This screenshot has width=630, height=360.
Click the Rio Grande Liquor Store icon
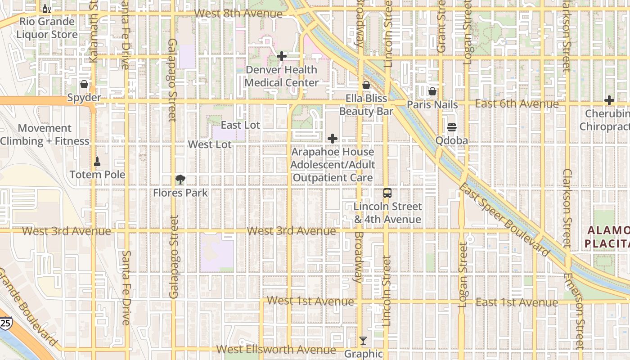[x=46, y=9]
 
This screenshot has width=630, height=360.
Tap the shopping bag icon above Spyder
[x=84, y=84]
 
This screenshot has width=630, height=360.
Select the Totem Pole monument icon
[x=97, y=161]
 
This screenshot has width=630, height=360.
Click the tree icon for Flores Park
[x=180, y=180]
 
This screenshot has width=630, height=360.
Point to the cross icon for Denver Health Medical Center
[x=282, y=56]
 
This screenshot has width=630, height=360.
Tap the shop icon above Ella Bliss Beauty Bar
[x=366, y=85]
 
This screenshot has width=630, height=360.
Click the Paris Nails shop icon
[x=432, y=91]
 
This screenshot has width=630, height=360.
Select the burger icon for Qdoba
[x=452, y=127]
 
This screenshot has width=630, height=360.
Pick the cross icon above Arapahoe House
[x=333, y=139]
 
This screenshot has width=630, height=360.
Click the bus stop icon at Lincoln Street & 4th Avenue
[x=387, y=193]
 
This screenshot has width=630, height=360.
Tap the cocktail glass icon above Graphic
[x=363, y=341]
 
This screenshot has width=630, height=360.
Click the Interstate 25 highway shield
[x=5, y=323]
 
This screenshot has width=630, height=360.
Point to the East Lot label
[x=240, y=125]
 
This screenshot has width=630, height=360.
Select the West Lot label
[x=210, y=144]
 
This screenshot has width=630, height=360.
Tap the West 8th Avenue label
[x=238, y=13]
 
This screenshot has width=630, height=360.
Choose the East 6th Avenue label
[x=517, y=104]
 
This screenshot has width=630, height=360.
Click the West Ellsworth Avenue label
[x=276, y=350]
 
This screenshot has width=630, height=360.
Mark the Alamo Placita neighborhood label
[x=608, y=237]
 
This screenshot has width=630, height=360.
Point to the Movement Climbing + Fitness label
[x=45, y=135]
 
